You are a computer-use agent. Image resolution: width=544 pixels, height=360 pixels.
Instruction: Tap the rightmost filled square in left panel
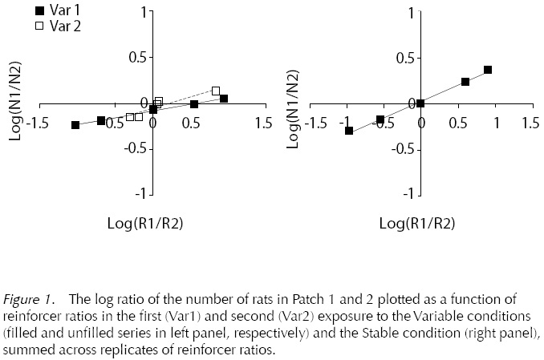coord(224,99)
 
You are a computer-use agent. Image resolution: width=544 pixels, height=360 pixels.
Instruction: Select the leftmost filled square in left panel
coord(75,125)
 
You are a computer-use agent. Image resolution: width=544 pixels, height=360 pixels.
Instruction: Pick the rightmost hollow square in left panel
coord(216,91)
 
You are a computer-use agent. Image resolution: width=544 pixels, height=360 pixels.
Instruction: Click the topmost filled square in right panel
coord(488,70)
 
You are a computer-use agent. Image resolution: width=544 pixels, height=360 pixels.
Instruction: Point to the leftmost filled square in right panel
coord(349,130)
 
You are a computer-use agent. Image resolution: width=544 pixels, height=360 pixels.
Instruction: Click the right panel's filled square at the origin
coord(420,103)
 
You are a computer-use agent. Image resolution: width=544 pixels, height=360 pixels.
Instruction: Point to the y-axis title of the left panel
coord(14,103)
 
